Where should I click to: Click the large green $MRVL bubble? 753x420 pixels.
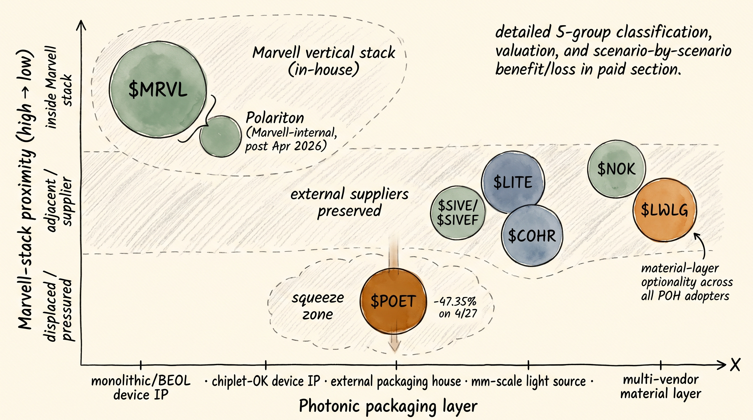coord(158,90)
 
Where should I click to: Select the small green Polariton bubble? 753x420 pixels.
coord(221,136)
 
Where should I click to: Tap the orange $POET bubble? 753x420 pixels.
coord(393,301)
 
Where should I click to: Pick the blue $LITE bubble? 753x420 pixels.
coord(513,182)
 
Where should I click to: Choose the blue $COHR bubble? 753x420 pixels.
coord(532,236)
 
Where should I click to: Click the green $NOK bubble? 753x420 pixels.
coord(616,169)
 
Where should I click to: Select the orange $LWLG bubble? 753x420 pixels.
coord(664,210)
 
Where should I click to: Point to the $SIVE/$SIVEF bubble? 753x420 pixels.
coord(457,213)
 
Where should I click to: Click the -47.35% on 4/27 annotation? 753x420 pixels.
coord(455,307)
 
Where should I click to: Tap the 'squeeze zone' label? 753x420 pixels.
coord(318,306)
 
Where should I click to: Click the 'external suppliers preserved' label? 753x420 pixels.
coord(349,202)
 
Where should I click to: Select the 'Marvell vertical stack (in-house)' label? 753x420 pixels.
coord(324,61)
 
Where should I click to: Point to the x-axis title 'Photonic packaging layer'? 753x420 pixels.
coord(388,406)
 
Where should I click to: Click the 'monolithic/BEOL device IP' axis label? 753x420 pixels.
coord(141,387)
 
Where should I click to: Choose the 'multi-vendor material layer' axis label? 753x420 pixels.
coord(661,386)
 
